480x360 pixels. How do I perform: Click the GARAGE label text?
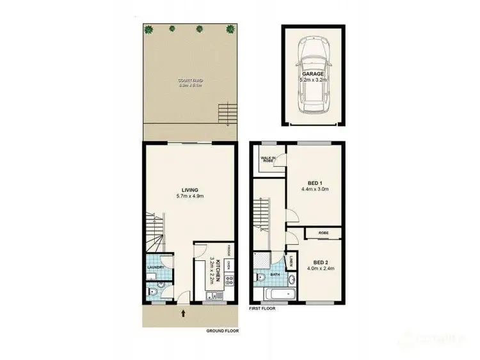tap(314, 74)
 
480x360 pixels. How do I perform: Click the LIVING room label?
tap(189, 190)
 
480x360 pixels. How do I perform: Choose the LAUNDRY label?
tap(156, 267)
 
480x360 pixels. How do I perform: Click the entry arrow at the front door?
tap(184, 313)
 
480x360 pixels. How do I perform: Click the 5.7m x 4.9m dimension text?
tap(189, 197)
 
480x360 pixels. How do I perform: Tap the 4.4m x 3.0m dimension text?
tap(314, 189)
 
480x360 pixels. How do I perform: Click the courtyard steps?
tap(223, 115)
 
